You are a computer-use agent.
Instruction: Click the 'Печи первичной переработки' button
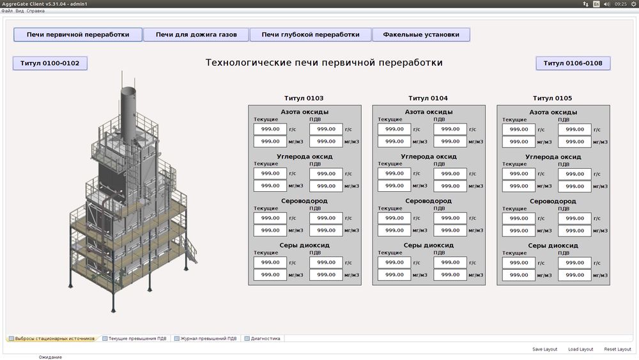coord(78,35)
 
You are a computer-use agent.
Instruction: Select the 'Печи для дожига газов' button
coord(196,35)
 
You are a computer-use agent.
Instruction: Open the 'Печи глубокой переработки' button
coord(311,35)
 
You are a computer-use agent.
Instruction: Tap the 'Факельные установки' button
coord(421,35)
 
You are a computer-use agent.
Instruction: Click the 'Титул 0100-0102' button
coord(50,63)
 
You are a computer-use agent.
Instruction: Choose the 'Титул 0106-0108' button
coord(573,63)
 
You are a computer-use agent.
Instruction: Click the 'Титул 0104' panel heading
coord(428,98)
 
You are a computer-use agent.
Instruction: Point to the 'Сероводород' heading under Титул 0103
coord(304,201)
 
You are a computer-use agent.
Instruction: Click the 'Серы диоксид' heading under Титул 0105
coord(553,246)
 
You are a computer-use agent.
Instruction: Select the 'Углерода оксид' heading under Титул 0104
coord(429,157)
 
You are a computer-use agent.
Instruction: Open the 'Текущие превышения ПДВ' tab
coord(134,338)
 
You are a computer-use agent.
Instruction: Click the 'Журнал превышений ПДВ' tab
coord(206,338)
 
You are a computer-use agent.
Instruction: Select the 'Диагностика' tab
coord(263,338)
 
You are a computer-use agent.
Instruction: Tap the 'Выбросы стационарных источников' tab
coord(52,338)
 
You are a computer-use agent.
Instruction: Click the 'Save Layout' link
coord(544,349)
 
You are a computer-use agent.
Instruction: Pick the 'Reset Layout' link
coord(617,349)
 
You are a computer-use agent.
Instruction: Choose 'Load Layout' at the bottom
coord(581,349)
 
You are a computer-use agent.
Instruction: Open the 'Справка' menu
coord(35,11)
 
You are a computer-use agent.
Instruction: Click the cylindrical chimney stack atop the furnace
coord(128,114)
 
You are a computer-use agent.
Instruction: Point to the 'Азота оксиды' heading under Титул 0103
coord(304,112)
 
